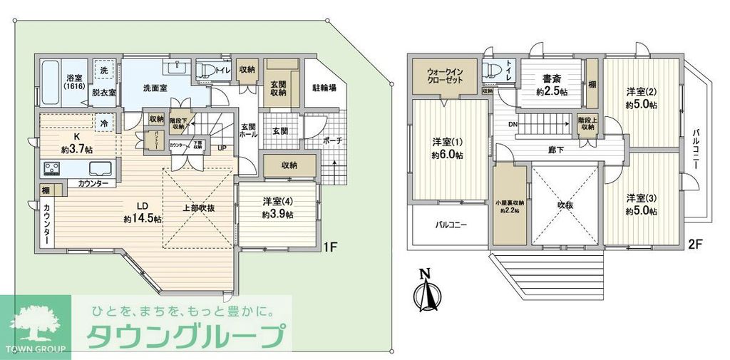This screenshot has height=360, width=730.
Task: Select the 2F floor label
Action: (x=695, y=244)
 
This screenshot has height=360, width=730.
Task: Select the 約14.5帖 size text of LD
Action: (x=143, y=218)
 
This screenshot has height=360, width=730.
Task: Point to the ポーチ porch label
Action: (x=332, y=141)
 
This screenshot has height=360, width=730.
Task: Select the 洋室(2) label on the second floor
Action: (x=641, y=91)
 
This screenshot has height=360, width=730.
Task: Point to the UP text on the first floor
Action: (x=222, y=148)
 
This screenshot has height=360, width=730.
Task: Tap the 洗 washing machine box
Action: (x=104, y=71)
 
